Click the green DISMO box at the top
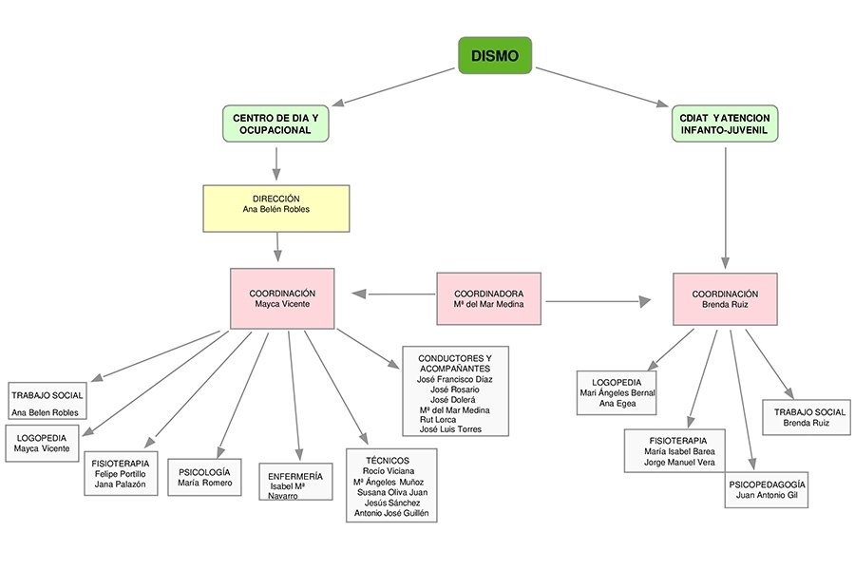pos(494,55)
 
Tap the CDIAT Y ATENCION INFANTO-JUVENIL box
pos(726,123)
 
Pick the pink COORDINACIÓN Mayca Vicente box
pos(282,298)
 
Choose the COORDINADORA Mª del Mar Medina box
pos(490,298)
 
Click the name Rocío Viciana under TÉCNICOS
pos(389,470)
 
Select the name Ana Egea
pos(617,404)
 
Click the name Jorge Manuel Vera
pos(678,463)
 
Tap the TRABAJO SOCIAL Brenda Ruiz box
pos(806,417)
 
